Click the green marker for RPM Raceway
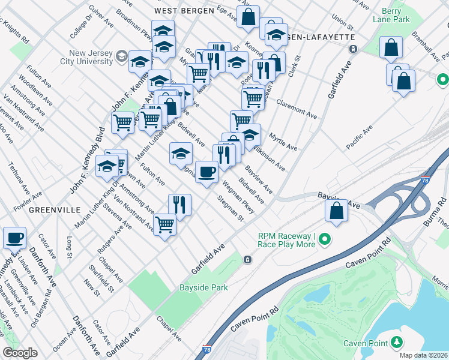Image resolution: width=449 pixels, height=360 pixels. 325,240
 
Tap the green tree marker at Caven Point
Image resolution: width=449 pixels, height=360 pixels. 396,343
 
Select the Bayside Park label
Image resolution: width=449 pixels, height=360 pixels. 204,288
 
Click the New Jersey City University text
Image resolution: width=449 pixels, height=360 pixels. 89,57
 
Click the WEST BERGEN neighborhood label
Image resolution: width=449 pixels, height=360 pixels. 184,11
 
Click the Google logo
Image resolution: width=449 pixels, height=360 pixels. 19,353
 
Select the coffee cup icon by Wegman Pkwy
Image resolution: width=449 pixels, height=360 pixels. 207,172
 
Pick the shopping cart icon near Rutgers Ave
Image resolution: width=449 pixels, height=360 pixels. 164,225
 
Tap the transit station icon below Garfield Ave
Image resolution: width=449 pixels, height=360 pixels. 247,260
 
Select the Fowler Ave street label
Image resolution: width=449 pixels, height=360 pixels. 28,195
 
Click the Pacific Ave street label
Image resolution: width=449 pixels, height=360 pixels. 359,138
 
